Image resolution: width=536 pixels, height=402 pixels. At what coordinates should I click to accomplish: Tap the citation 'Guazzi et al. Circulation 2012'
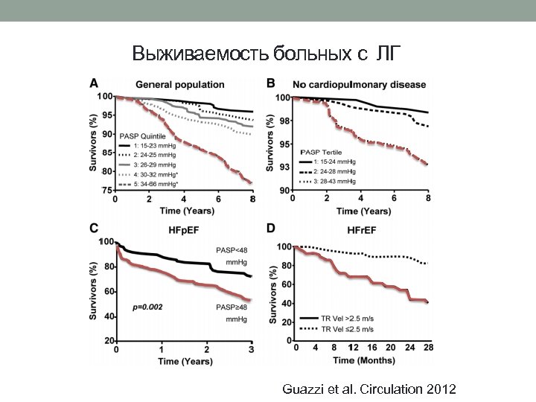(370, 389)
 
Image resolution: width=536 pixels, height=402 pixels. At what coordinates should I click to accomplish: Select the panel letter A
(93, 83)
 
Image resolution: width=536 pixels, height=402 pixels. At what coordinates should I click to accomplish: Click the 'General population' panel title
(179, 84)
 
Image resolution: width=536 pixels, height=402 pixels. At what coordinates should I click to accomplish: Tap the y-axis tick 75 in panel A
(106, 191)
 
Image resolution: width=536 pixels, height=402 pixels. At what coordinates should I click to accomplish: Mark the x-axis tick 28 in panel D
(429, 348)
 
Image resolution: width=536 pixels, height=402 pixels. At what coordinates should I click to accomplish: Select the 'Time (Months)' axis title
(364, 360)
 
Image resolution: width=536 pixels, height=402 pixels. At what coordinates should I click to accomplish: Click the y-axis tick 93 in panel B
(285, 167)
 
